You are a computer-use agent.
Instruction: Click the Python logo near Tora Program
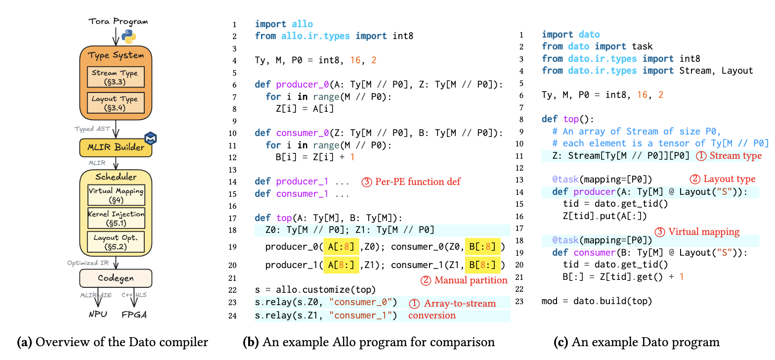pyautogui.click(x=129, y=36)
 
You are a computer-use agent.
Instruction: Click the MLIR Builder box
pyautogui.click(x=116, y=147)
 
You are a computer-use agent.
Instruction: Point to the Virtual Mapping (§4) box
pyautogui.click(x=116, y=195)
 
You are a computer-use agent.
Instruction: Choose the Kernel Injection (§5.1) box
pyautogui.click(x=116, y=218)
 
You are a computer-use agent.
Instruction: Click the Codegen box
pyautogui.click(x=116, y=278)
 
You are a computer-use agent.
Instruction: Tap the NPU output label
pyautogui.click(x=97, y=315)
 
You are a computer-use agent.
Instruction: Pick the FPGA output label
pyautogui.click(x=134, y=315)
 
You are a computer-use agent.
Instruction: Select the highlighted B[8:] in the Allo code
pyautogui.click(x=483, y=265)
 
